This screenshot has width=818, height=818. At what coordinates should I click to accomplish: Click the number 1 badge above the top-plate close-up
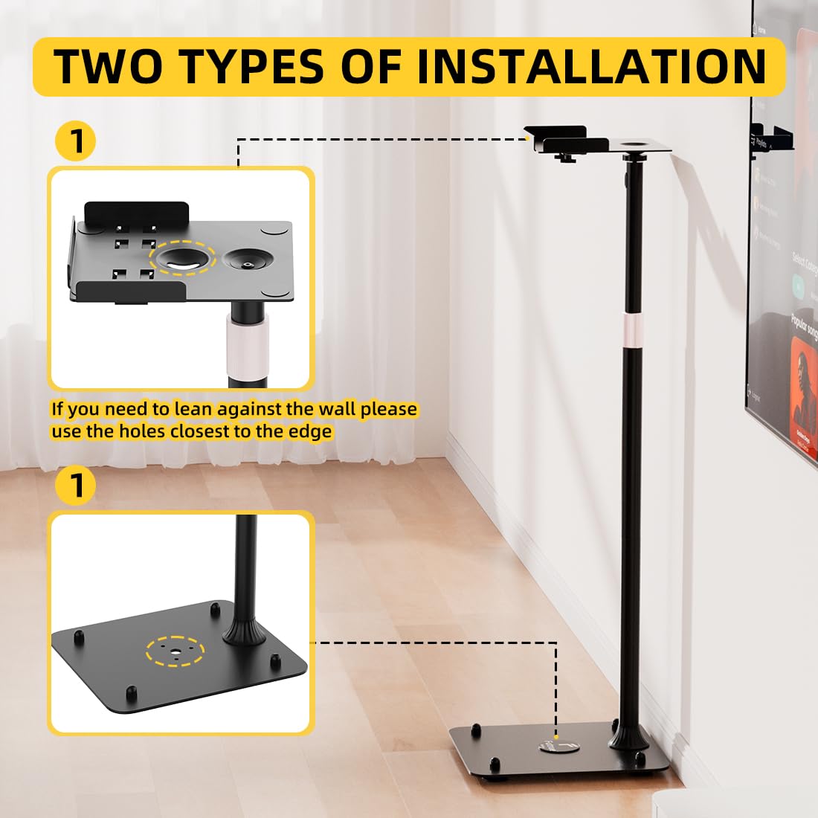[75, 141]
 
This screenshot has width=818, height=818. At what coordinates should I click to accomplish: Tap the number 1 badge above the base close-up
[75, 485]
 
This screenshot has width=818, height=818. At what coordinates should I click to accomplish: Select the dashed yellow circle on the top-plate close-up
[182, 258]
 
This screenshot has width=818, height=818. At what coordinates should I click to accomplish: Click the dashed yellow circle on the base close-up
[175, 652]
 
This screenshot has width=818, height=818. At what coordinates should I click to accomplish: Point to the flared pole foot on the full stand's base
[629, 736]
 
